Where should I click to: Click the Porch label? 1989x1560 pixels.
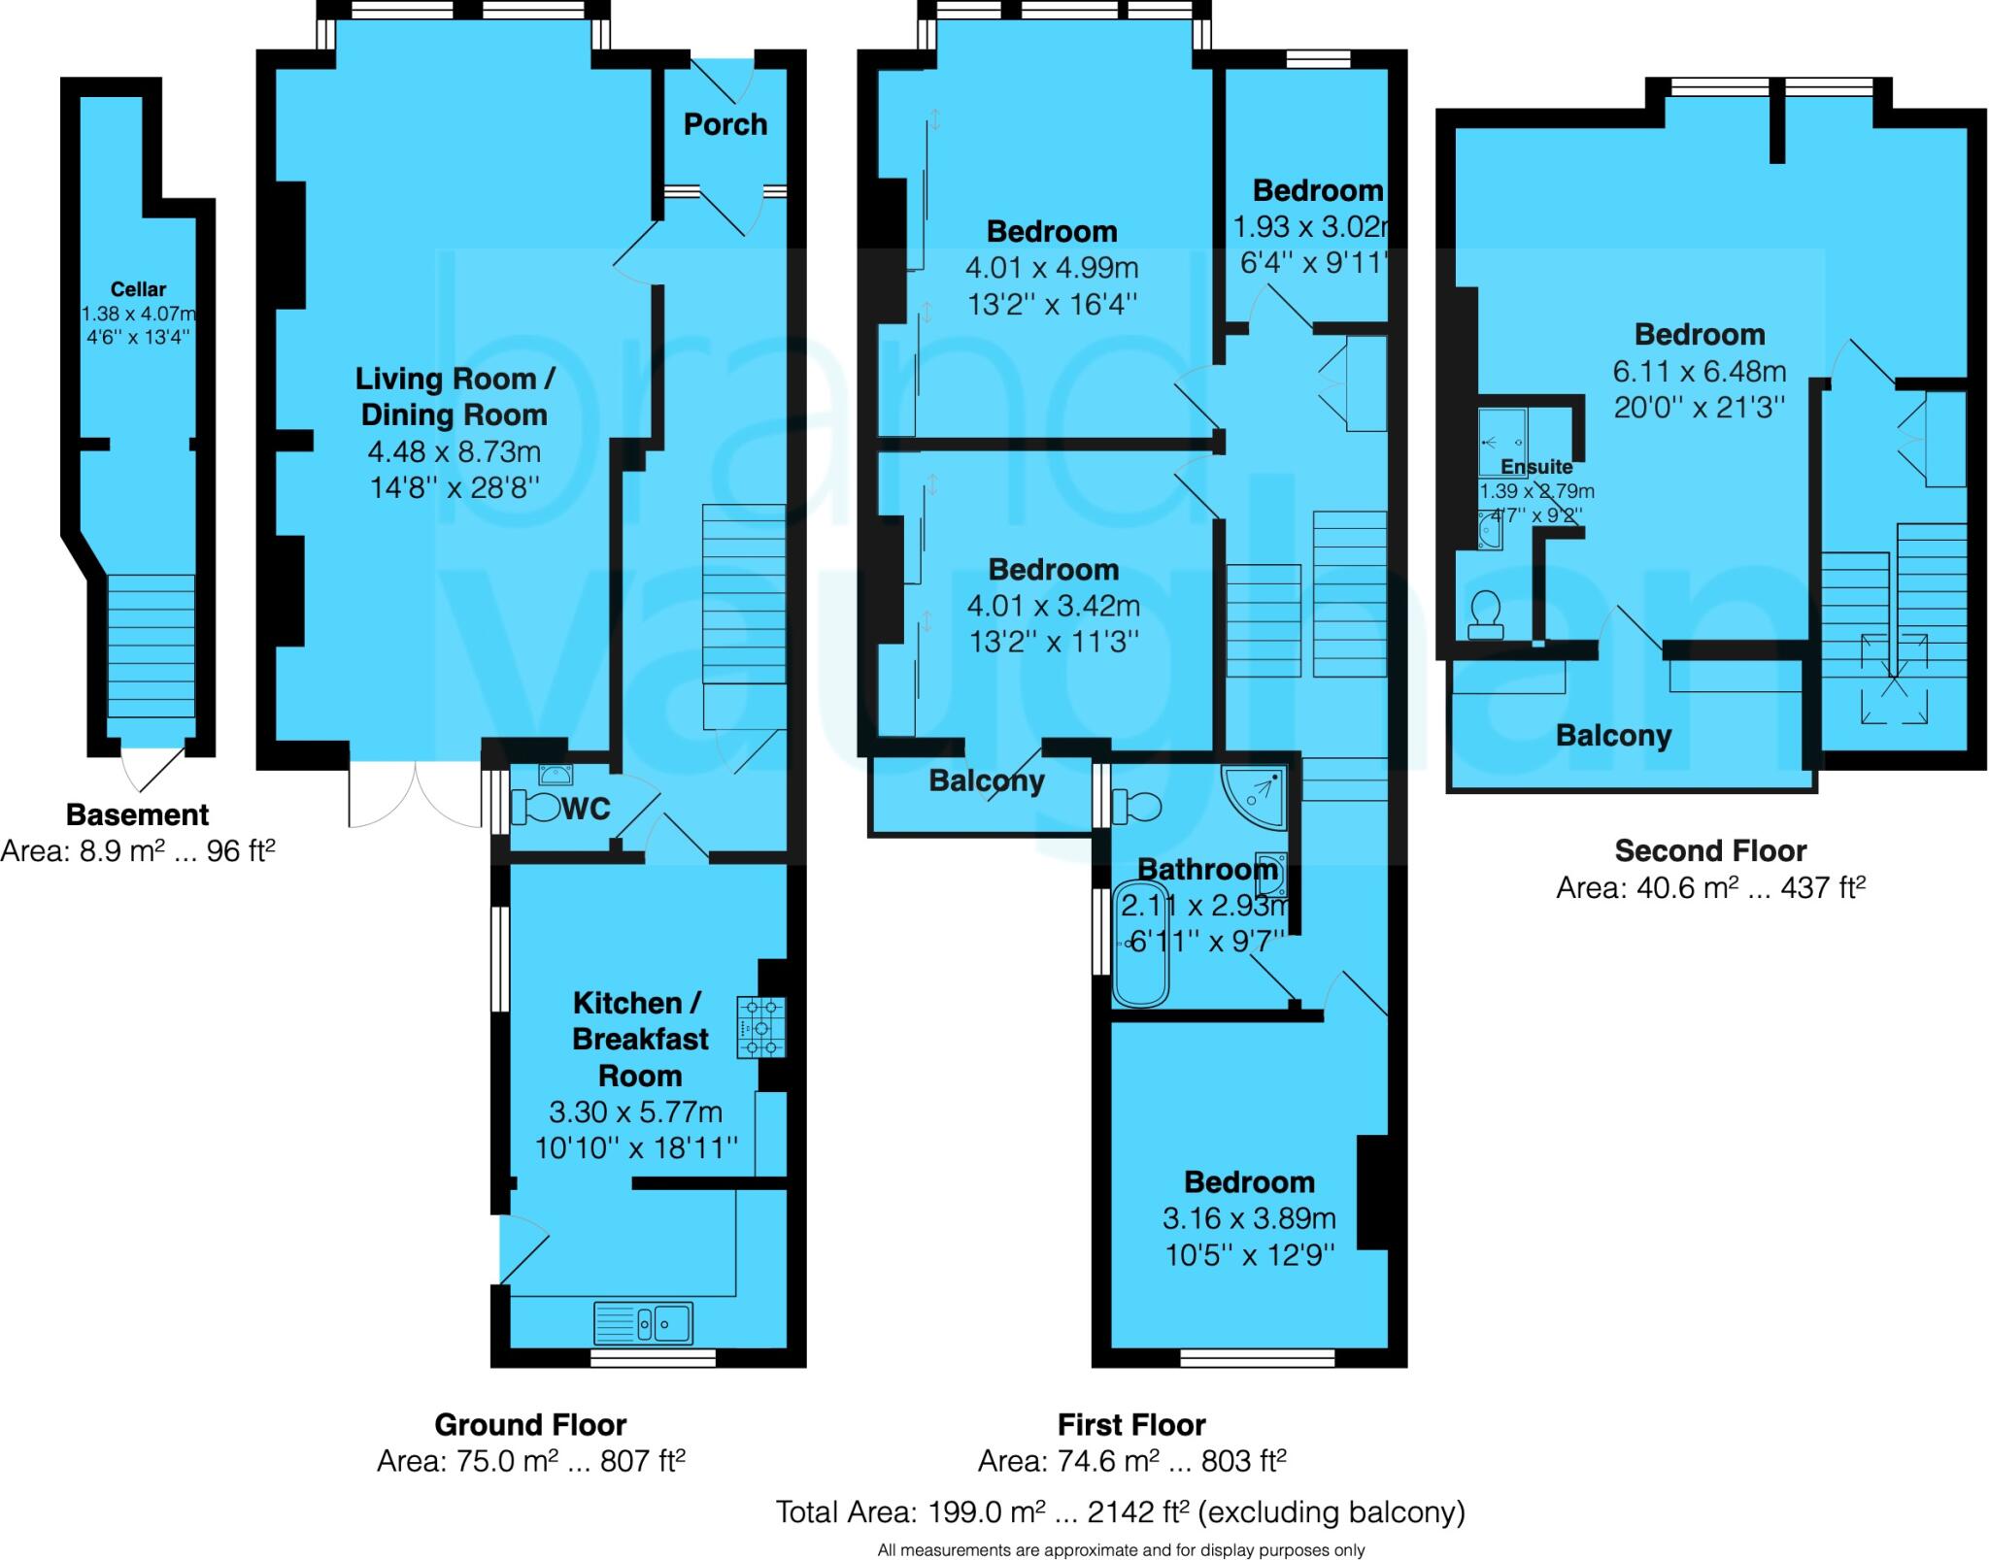[725, 124]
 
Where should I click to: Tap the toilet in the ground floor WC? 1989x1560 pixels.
[537, 807]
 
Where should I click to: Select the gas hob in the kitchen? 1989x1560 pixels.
[760, 1027]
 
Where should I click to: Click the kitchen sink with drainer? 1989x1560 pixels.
[643, 1321]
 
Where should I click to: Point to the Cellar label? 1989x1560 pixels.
[138, 289]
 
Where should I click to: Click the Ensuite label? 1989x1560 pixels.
[1536, 467]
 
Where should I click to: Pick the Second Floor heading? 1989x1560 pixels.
[1710, 851]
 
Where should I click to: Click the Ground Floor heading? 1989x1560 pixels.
[530, 1425]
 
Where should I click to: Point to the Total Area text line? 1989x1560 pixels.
[1120, 1511]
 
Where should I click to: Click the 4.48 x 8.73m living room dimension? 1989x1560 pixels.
[454, 451]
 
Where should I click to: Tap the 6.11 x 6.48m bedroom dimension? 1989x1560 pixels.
[1700, 371]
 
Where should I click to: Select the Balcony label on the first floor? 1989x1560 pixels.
[987, 780]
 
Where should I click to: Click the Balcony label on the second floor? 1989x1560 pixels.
[1613, 736]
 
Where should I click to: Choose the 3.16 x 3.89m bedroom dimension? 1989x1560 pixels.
[1249, 1218]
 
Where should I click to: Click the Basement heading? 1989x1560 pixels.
[137, 814]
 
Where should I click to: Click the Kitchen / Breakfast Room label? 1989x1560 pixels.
[640, 1039]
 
